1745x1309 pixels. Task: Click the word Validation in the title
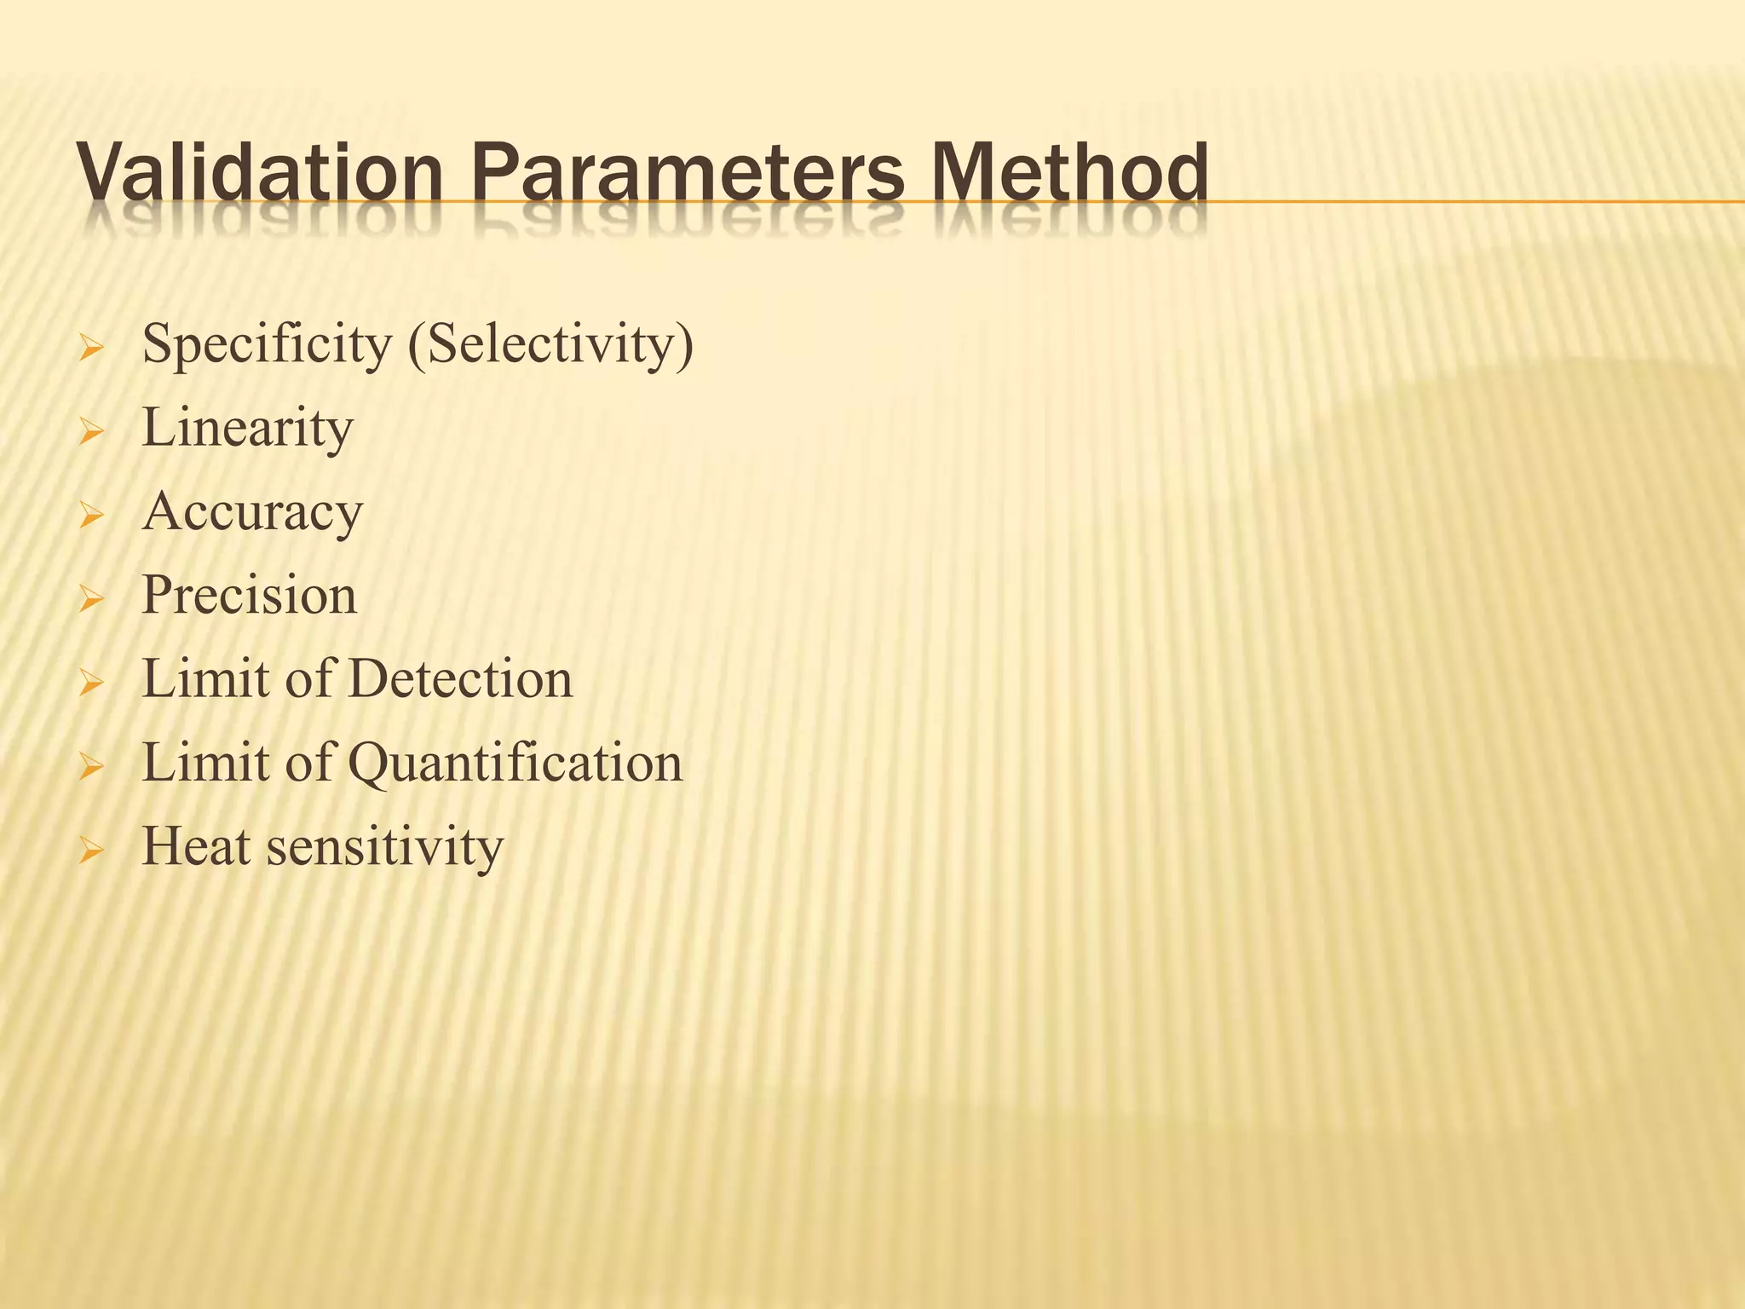point(260,173)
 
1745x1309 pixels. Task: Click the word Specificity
point(266,346)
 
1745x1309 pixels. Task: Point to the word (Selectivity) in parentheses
point(550,346)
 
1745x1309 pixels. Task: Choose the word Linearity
point(247,428)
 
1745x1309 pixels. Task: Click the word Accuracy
point(252,512)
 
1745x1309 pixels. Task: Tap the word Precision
point(249,595)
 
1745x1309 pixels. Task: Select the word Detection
point(460,679)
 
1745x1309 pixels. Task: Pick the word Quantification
point(515,763)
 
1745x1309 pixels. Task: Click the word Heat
point(196,846)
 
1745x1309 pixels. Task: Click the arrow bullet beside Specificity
point(89,349)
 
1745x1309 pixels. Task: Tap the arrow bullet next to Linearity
point(89,433)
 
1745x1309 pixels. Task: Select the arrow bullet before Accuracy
point(89,516)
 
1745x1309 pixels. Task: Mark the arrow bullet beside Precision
point(89,600)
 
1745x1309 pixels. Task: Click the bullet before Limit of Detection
point(89,683)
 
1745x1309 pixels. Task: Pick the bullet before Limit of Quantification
point(89,767)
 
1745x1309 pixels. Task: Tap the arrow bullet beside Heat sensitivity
point(89,851)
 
